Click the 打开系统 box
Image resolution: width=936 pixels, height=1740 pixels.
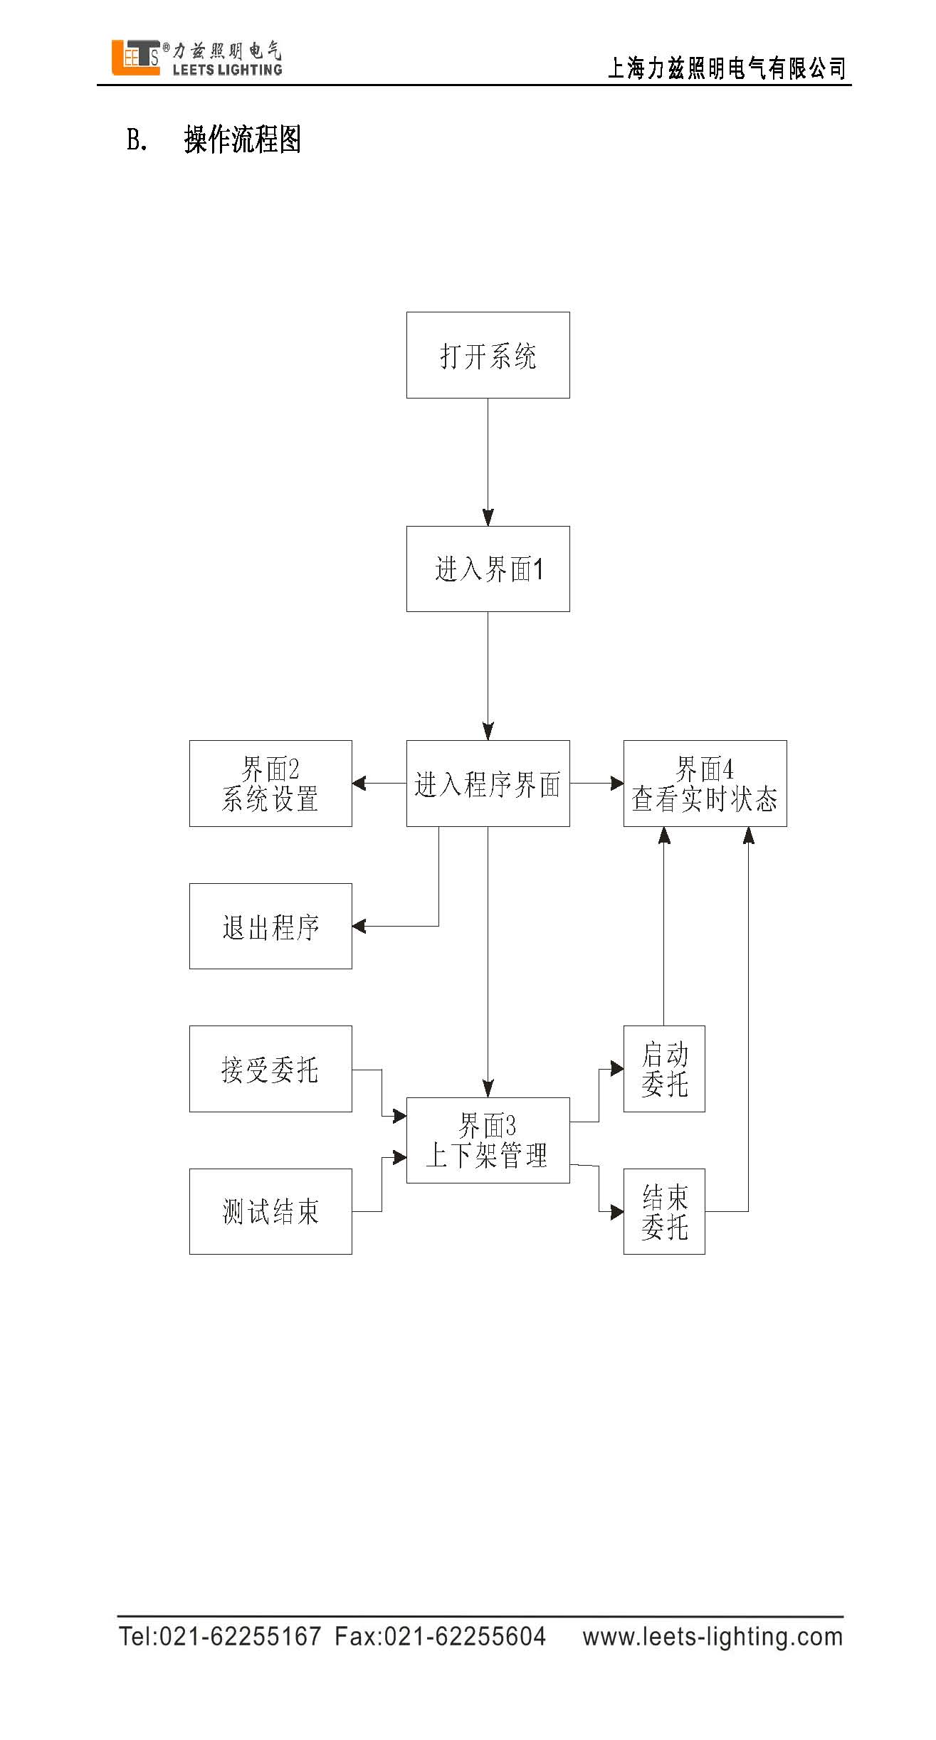pyautogui.click(x=488, y=354)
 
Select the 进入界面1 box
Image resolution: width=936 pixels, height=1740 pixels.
pyautogui.click(x=488, y=569)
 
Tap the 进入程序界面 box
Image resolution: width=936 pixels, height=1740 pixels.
pyautogui.click(x=488, y=783)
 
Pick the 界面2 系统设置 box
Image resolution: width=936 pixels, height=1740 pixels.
pyautogui.click(x=270, y=783)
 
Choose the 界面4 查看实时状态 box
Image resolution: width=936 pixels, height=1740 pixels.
pyautogui.click(x=705, y=783)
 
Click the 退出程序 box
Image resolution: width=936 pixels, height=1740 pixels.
pyautogui.click(x=270, y=926)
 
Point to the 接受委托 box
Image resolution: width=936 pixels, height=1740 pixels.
pyautogui.click(x=270, y=1068)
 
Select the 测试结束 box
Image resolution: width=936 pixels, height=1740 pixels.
pyautogui.click(x=270, y=1211)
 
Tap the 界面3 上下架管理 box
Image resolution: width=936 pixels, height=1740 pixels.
pyautogui.click(x=488, y=1140)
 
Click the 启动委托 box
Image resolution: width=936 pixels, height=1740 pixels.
pyautogui.click(x=664, y=1068)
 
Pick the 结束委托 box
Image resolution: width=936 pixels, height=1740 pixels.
pyautogui.click(x=664, y=1211)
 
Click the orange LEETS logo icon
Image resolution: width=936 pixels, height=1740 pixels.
pyautogui.click(x=135, y=57)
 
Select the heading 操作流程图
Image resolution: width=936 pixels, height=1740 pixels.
pyautogui.click(x=242, y=139)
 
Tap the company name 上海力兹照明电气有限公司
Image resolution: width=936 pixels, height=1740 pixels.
pyautogui.click(x=726, y=68)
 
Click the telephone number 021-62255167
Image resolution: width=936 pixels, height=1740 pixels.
pyautogui.click(x=239, y=1636)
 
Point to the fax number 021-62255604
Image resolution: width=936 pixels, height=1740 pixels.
pyautogui.click(x=465, y=1636)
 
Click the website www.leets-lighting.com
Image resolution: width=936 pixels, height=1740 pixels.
pyautogui.click(x=712, y=1636)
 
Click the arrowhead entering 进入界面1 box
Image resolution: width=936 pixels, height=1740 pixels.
pyautogui.click(x=488, y=518)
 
